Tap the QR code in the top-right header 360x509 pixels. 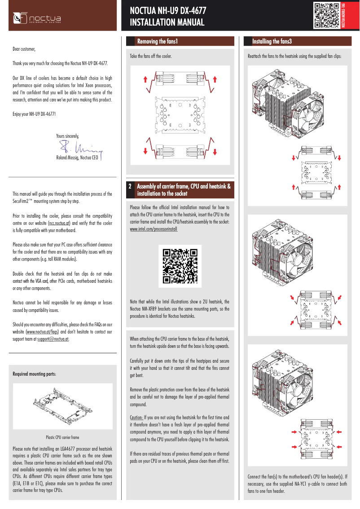[326, 15]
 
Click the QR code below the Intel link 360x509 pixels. [180, 266]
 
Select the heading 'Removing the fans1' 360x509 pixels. [158, 41]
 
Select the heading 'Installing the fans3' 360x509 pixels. [272, 41]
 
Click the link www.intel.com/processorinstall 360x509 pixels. [154, 229]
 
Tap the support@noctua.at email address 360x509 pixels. [53, 339]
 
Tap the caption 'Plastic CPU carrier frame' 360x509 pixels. [62, 437]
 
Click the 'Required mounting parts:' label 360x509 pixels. [34, 373]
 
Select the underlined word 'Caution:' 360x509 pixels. [136, 417]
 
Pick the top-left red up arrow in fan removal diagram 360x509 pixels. [145, 79]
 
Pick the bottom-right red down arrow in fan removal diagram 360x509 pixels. [215, 150]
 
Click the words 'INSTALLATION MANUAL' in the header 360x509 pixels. [167, 22]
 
